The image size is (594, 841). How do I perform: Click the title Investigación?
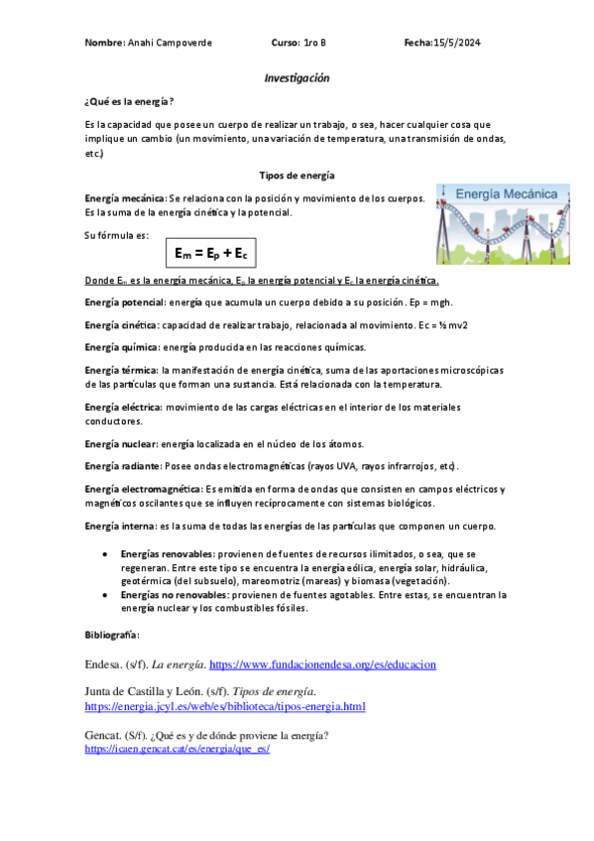pyautogui.click(x=297, y=77)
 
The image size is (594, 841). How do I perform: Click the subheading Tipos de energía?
pyautogui.click(x=297, y=175)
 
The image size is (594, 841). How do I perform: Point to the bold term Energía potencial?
pyautogui.click(x=125, y=301)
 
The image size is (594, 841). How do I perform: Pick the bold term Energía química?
pyautogui.click(x=122, y=347)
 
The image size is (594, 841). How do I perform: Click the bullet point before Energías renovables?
pyautogui.click(x=105, y=551)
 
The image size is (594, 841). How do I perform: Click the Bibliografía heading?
pyautogui.click(x=112, y=634)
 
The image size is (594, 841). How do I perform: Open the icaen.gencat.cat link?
pyautogui.click(x=178, y=749)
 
